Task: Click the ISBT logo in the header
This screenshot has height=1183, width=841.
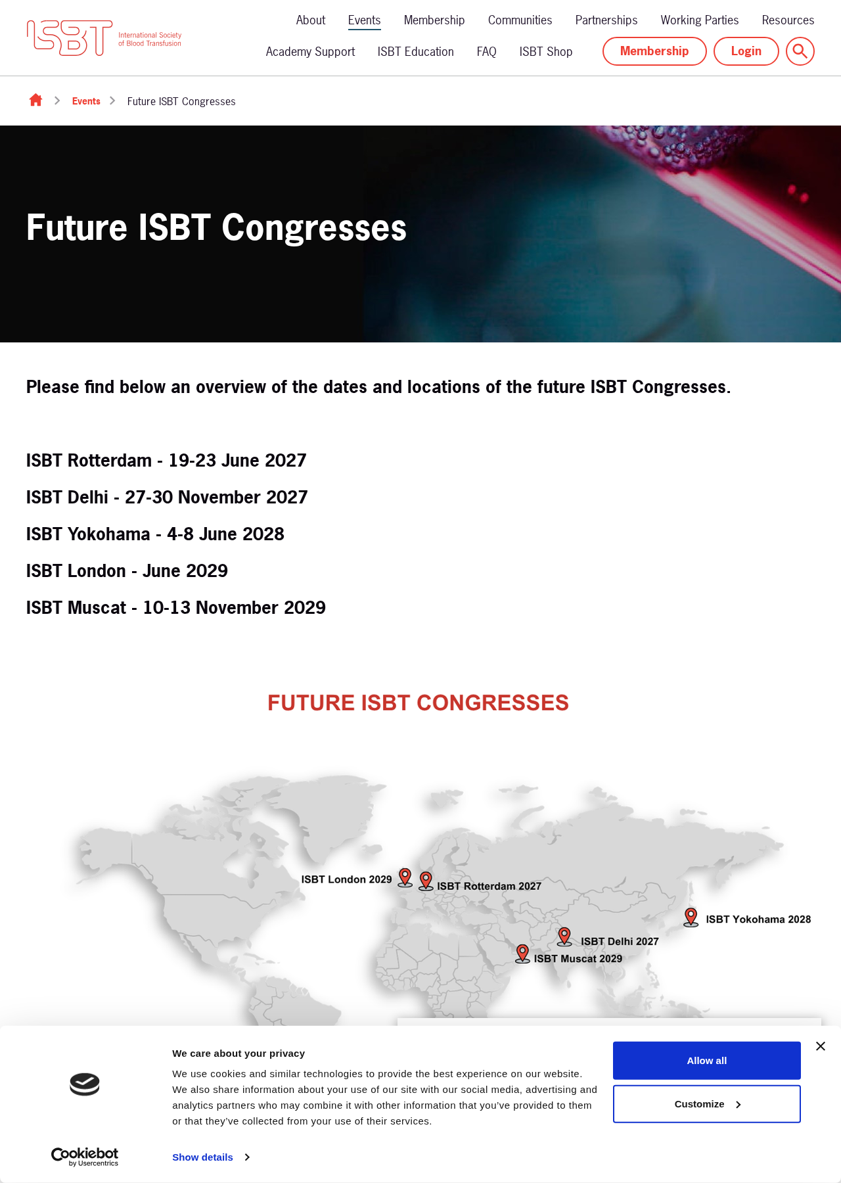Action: coord(104,38)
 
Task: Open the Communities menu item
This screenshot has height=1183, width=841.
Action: coord(520,20)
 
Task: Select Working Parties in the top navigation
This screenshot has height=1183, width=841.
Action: coord(699,20)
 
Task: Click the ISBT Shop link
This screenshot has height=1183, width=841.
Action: coord(545,52)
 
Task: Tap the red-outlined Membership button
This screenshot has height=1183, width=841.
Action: coord(654,51)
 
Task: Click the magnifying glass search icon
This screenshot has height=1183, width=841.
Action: coord(800,51)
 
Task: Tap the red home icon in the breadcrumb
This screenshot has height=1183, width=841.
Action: coord(35,100)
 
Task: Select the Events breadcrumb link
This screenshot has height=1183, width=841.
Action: coord(86,101)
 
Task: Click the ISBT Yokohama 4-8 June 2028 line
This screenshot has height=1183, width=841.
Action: coord(155,534)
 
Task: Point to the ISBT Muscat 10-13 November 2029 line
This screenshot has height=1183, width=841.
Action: coord(176,608)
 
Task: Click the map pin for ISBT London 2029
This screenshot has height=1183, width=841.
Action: coord(405,877)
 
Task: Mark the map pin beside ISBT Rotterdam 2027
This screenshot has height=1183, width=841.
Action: coord(426,881)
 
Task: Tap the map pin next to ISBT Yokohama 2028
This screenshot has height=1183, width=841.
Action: coord(691,917)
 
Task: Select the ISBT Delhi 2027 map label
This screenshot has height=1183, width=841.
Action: coord(620,942)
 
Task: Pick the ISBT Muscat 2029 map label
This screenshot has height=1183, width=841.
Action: coord(578,959)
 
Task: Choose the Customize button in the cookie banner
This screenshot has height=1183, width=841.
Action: coord(707,1104)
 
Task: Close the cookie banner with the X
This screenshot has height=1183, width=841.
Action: coord(821,1046)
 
